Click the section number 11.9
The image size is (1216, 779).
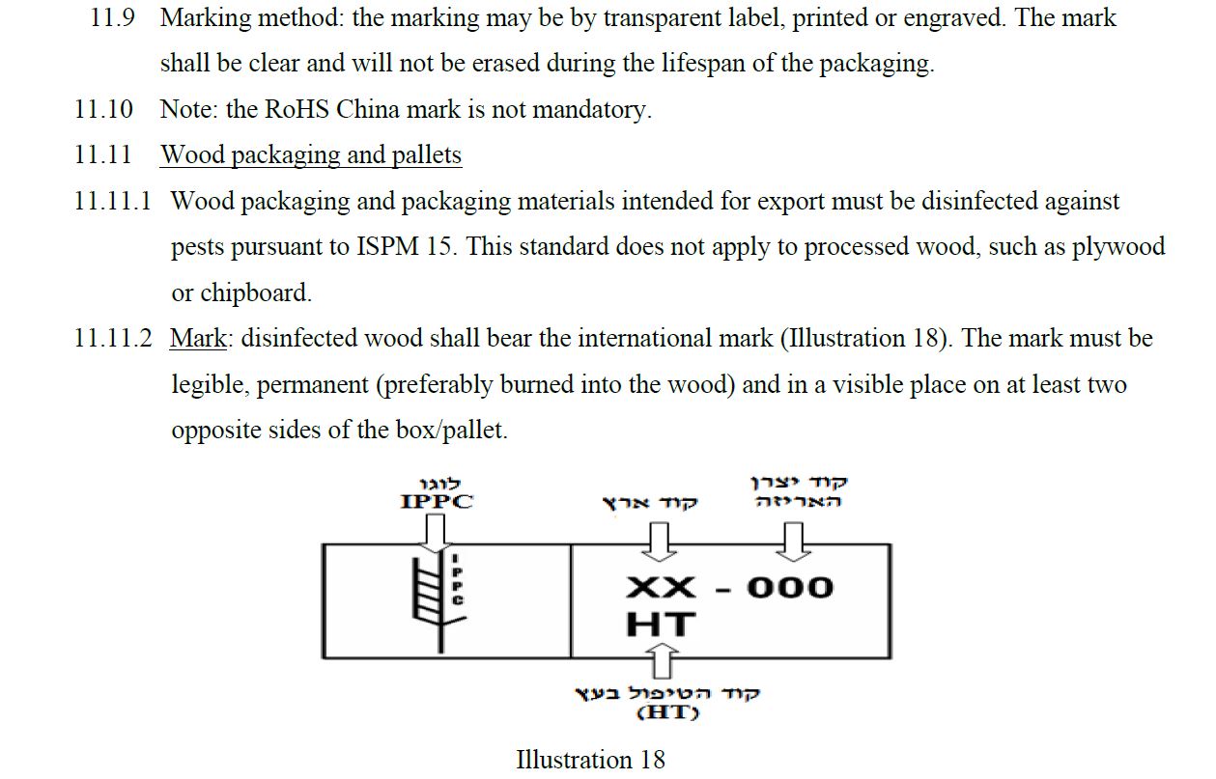click(x=112, y=18)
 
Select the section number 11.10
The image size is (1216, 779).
click(x=103, y=109)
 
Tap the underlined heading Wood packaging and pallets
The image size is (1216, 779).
click(x=311, y=155)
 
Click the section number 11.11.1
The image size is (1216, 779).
click(x=112, y=201)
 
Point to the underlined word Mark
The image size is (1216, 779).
click(x=198, y=339)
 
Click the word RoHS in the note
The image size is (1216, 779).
click(x=297, y=109)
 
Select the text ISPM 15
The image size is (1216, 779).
click(x=404, y=247)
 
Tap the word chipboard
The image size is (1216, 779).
click(x=255, y=293)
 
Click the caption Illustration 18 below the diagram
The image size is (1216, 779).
click(x=590, y=760)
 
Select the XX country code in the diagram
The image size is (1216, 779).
click(x=660, y=588)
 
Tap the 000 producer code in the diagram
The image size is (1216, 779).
click(x=790, y=588)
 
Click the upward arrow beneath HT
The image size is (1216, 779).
click(x=662, y=660)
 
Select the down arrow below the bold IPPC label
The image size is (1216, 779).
click(x=435, y=534)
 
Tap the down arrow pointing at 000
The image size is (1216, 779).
click(x=793, y=542)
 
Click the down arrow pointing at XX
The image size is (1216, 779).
click(x=659, y=542)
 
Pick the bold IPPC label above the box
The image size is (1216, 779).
click(x=437, y=502)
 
